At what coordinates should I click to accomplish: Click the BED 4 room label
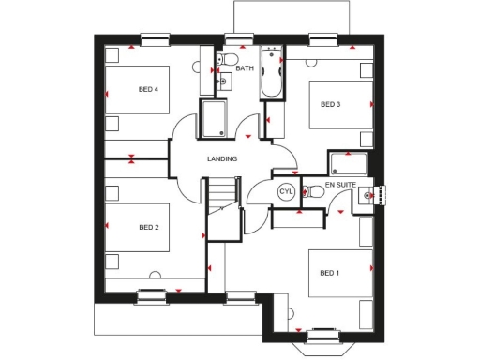148,90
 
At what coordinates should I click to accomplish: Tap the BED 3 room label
330,104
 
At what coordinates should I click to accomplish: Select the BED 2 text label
149,227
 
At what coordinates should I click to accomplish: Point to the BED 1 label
329,273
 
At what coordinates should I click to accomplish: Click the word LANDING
222,158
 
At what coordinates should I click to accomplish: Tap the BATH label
245,68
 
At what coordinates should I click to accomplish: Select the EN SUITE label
341,186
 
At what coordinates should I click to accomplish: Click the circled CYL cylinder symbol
286,192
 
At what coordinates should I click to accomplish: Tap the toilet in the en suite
315,192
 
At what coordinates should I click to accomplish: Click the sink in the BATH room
222,82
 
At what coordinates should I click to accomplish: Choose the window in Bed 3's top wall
323,38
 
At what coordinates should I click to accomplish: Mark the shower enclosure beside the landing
215,119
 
